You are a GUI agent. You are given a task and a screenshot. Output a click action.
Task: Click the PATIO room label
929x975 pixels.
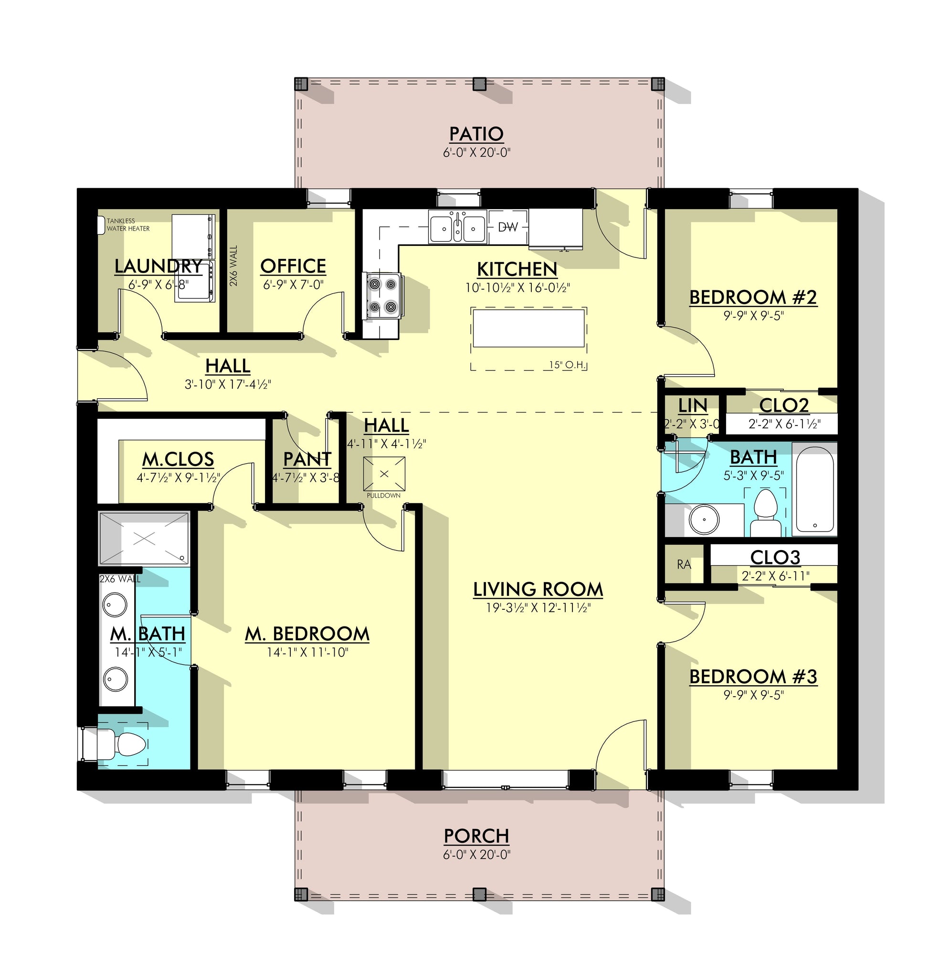(476, 134)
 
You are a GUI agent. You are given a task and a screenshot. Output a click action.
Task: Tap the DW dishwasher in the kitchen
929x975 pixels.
(507, 227)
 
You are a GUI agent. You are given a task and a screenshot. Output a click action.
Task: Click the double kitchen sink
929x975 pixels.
(457, 227)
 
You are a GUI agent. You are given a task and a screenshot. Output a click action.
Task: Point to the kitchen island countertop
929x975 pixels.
(528, 329)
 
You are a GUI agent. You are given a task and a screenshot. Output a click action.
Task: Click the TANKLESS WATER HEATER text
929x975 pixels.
(128, 225)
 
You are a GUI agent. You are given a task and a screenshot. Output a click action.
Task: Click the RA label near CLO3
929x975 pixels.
(684, 564)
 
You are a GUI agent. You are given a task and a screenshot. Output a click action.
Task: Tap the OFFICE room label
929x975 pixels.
(293, 266)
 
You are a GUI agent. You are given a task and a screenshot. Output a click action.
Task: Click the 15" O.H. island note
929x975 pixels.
(568, 365)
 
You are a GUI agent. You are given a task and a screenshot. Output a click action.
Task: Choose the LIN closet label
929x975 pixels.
(692, 405)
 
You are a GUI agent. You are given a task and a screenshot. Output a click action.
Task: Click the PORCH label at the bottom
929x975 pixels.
(476, 836)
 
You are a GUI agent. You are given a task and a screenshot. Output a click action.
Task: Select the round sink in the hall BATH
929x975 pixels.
(704, 519)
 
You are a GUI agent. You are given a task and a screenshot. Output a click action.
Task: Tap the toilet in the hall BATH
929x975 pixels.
(765, 513)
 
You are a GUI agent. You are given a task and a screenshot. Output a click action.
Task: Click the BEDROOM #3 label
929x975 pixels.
(753, 677)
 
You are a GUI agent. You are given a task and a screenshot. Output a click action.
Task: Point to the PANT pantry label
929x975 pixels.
(307, 459)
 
